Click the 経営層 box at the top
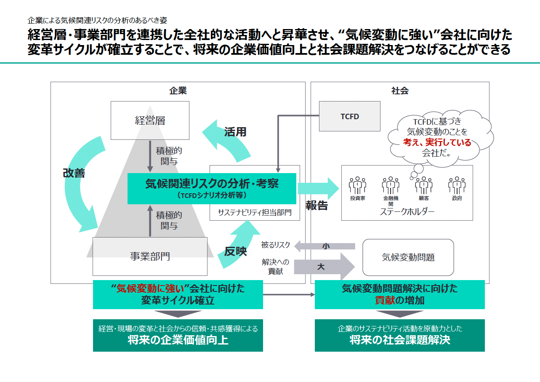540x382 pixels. pyautogui.click(x=150, y=120)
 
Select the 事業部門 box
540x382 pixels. pyautogui.click(x=150, y=256)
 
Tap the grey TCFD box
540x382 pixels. pyautogui.click(x=349, y=116)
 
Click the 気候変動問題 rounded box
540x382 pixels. pyautogui.click(x=408, y=257)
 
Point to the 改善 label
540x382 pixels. pyautogui.click(x=74, y=173)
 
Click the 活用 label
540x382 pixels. pyautogui.click(x=235, y=132)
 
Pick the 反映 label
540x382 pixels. pyautogui.click(x=235, y=251)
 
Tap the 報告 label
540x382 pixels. pyautogui.click(x=317, y=206)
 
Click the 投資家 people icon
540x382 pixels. pyautogui.click(x=357, y=185)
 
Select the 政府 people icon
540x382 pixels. pyautogui.click(x=457, y=185)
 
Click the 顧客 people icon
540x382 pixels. pyautogui.click(x=423, y=185)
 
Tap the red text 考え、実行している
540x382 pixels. pyautogui.click(x=437, y=142)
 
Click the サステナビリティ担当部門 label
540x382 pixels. pyautogui.click(x=255, y=212)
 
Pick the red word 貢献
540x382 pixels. pyautogui.click(x=384, y=300)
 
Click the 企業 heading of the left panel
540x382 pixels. pyautogui.click(x=178, y=91)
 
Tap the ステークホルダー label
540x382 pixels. pyautogui.click(x=407, y=211)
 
